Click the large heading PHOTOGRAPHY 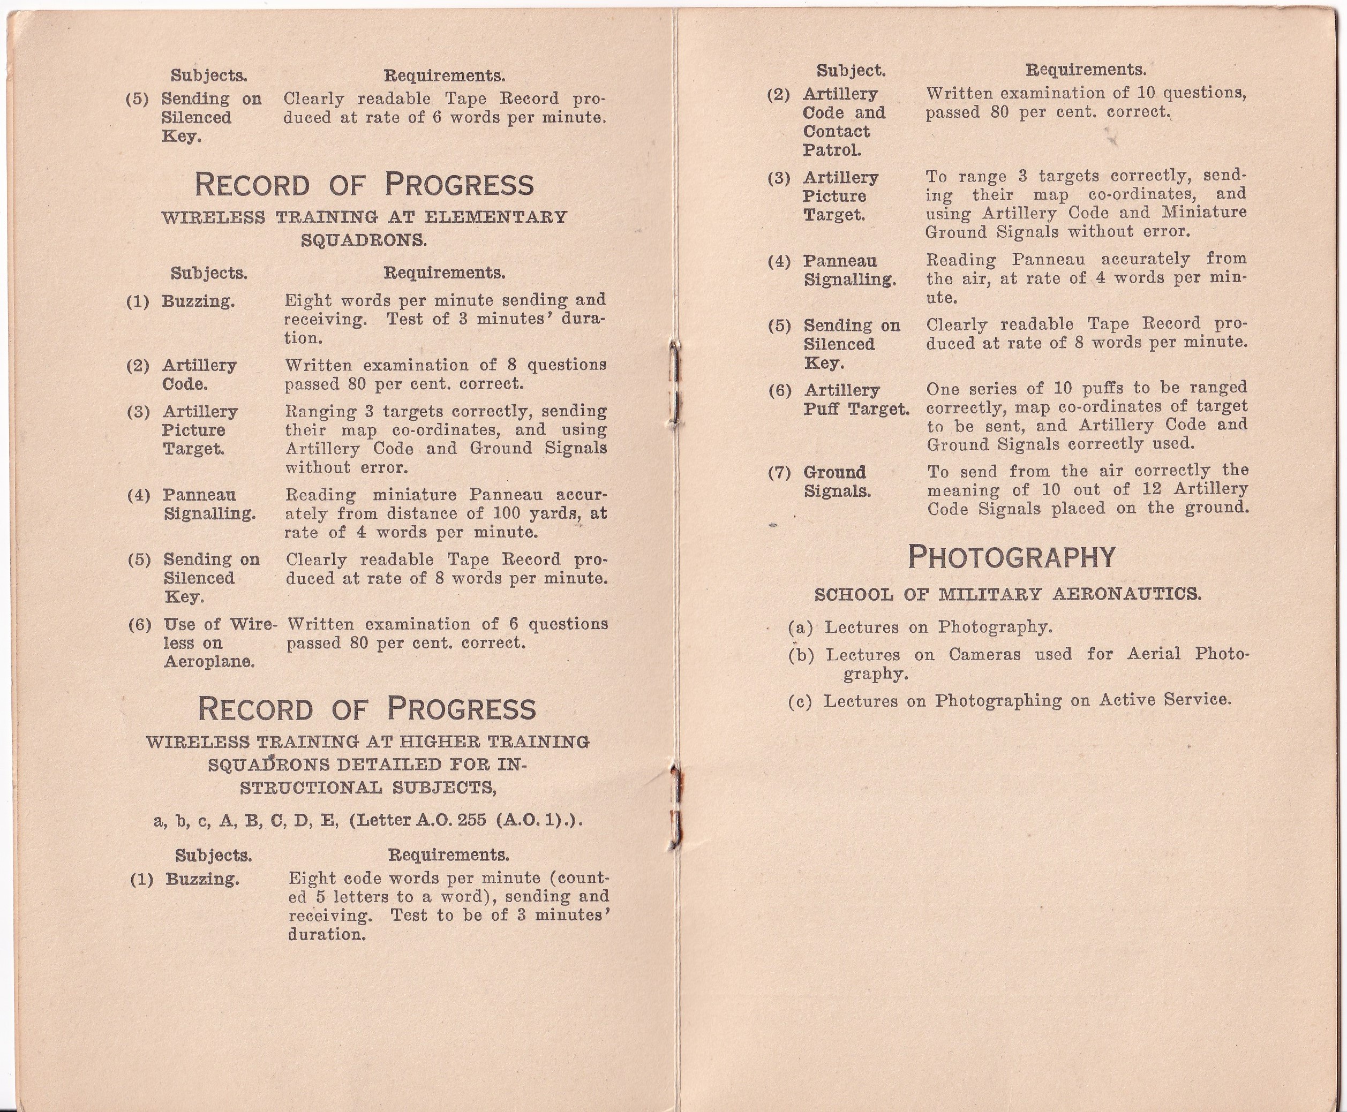[1012, 557]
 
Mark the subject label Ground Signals [836, 482]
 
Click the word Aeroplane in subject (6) [209, 662]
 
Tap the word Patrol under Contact [831, 150]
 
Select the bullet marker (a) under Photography [800, 627]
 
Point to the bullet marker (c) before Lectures [800, 701]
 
